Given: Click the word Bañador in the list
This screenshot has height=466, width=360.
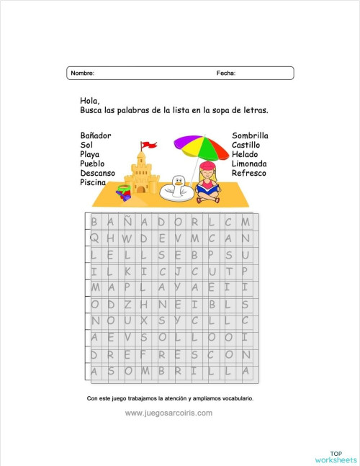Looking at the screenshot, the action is (x=96, y=135).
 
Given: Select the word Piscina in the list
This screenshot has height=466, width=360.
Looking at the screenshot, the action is (x=94, y=183).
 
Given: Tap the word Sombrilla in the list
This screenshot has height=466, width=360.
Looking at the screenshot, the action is (x=250, y=135).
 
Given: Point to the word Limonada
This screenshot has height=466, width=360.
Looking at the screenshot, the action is (x=249, y=164).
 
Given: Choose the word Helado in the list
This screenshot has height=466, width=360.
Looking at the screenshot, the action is (x=244, y=155).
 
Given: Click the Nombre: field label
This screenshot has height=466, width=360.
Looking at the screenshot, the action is (x=82, y=73).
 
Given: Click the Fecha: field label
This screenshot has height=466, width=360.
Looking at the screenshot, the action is (x=226, y=73).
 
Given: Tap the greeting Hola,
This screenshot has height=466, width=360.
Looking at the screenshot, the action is (x=89, y=101).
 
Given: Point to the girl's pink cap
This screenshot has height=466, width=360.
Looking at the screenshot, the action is (x=207, y=166).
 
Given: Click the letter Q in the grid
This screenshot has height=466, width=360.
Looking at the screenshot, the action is (x=95, y=238).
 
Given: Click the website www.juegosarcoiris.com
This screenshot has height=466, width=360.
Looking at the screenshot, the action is (x=168, y=413).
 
